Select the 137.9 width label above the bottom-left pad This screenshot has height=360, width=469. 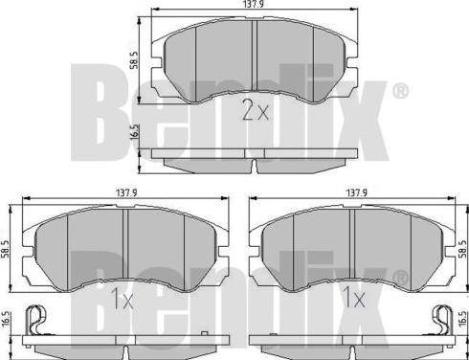(x=126, y=192)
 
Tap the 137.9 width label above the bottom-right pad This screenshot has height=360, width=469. (x=357, y=192)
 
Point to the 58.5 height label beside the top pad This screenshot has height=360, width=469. (x=135, y=60)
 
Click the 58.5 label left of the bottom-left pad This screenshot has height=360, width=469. (x=6, y=250)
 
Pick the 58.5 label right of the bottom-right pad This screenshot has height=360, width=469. (x=463, y=249)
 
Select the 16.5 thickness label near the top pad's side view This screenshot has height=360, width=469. (x=135, y=132)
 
